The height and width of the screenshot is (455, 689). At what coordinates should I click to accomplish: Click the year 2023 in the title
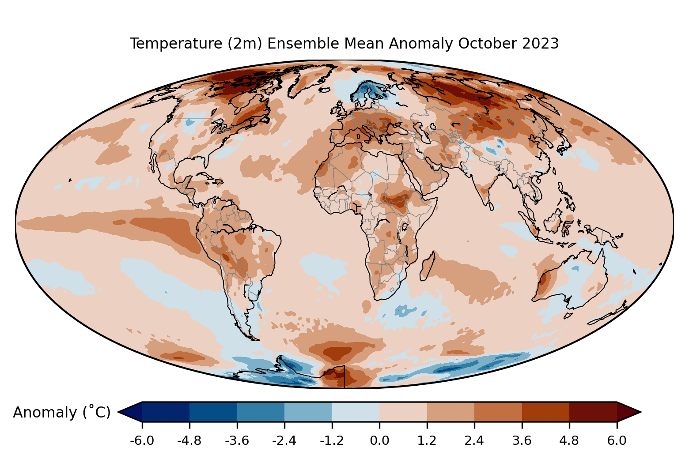point(541,44)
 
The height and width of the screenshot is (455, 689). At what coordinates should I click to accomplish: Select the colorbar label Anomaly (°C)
point(61,412)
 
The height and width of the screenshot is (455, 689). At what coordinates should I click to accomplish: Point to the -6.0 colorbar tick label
point(142,440)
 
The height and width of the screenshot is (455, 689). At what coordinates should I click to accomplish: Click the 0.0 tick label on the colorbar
point(379,440)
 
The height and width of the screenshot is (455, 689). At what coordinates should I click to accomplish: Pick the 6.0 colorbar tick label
point(617,440)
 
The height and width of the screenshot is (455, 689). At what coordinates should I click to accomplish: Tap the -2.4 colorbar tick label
point(284,440)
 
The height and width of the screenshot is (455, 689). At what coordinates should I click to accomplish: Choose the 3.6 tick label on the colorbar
point(522,440)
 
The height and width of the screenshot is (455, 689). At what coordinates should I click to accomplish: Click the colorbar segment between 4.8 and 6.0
point(593,412)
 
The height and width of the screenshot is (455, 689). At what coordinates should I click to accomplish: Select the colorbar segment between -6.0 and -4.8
point(166,412)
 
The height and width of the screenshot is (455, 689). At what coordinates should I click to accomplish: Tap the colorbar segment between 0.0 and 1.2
point(403,412)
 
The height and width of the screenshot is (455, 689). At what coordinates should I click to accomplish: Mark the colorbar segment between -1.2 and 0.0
point(356,412)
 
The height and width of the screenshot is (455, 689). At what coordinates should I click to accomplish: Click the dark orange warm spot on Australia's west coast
point(544,279)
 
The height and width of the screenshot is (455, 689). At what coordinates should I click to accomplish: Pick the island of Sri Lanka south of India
point(491,206)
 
